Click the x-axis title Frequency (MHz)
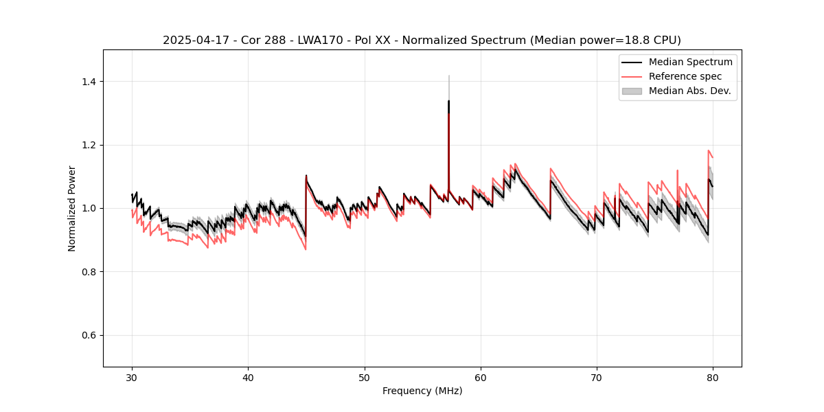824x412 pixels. (422, 391)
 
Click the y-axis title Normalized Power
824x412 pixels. (72, 208)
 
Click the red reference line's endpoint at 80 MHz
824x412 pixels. (713, 157)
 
